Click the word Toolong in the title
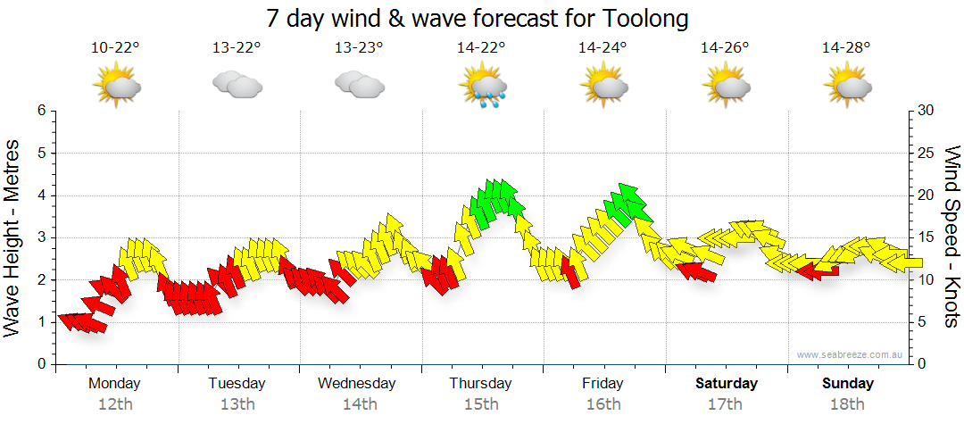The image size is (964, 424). point(646,19)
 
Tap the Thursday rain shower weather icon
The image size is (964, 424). point(482,87)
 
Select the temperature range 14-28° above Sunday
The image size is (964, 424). point(846,48)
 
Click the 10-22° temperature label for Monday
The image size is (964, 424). point(115,48)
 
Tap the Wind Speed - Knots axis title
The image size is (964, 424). point(950,237)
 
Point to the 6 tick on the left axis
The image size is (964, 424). point(41,111)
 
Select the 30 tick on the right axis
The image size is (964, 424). point(927,111)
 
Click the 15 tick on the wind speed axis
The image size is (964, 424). point(926,237)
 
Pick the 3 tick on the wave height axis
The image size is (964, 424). point(41,237)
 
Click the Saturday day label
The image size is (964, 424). point(727,384)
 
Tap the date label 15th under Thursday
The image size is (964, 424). point(481,404)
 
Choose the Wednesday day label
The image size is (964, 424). point(357,384)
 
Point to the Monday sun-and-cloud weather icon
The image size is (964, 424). point(116,87)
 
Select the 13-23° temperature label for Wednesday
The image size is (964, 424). point(359,48)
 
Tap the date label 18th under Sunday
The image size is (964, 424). point(848,404)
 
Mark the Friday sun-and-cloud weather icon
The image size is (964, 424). point(604,87)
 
